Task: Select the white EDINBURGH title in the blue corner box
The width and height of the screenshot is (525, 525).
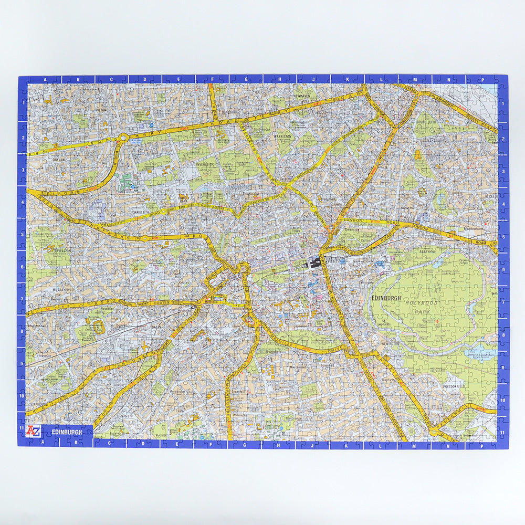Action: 66,432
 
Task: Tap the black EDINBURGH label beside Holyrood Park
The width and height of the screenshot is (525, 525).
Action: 386,298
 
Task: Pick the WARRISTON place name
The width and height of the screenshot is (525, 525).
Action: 282,136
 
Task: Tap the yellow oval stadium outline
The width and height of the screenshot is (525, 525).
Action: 98,327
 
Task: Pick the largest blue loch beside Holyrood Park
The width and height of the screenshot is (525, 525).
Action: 480,351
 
